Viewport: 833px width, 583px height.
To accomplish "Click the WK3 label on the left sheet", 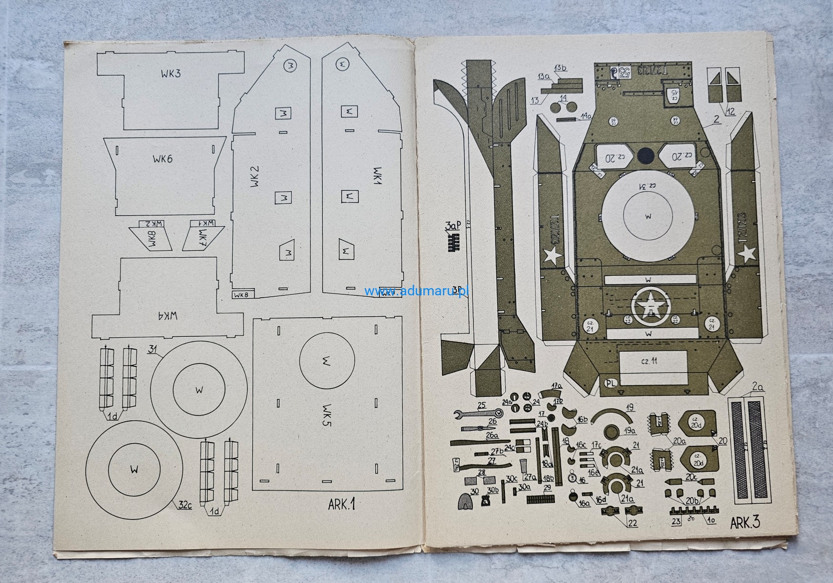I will click(171, 74).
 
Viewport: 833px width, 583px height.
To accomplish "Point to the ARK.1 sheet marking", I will click(342, 504).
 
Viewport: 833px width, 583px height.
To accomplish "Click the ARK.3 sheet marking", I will click(745, 523).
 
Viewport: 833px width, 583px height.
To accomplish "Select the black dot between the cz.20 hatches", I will click(646, 155).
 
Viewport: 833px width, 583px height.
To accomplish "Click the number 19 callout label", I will click(630, 407).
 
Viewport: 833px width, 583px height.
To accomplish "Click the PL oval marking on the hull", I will click(611, 383).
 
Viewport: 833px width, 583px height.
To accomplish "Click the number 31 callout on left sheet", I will click(153, 350).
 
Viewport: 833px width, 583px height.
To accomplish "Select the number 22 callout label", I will click(632, 523).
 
